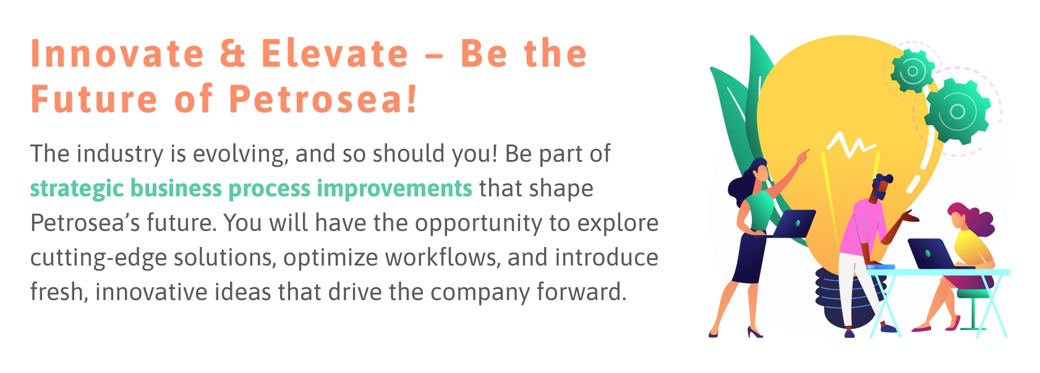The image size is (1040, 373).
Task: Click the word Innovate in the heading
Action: pyautogui.click(x=117, y=53)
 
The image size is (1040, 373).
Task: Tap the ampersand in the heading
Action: pyautogui.click(x=232, y=53)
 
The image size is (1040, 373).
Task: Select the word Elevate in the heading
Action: pyautogui.click(x=335, y=53)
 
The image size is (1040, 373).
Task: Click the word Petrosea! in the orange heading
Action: pyautogui.click(x=323, y=98)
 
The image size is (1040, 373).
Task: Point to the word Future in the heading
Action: pyautogui.click(x=94, y=98)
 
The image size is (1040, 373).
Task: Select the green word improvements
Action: pyautogui.click(x=394, y=188)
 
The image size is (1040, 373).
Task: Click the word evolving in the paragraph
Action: pyautogui.click(x=241, y=154)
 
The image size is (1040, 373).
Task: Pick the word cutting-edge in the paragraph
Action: pyautogui.click(x=98, y=258)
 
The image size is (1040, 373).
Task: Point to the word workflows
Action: pyautogui.click(x=443, y=258)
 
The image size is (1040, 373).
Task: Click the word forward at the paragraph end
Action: pyautogui.click(x=582, y=292)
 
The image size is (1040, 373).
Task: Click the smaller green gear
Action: pyautogui.click(x=913, y=71)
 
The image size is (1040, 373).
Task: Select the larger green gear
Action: pyautogui.click(x=957, y=111)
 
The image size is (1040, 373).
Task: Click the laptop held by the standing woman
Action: pyautogui.click(x=793, y=224)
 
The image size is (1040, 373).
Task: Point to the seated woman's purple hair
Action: pyautogui.click(x=975, y=218)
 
